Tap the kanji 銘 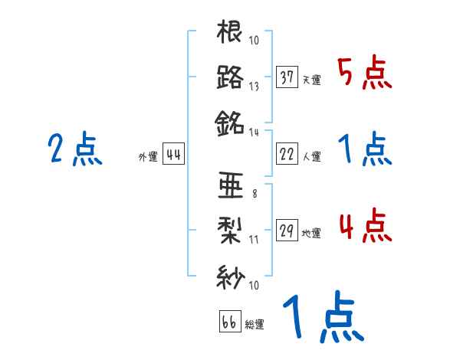229,121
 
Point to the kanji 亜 229,185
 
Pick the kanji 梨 229,230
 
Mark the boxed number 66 229,322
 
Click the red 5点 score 365,75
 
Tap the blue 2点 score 74,149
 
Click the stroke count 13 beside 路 253,87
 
